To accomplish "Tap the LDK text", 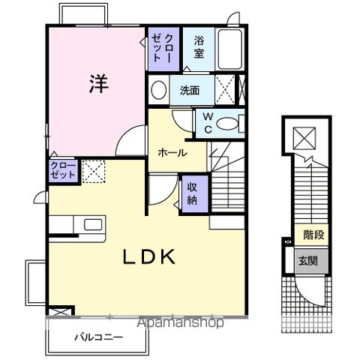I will click(x=149, y=257).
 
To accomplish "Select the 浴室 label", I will click(x=199, y=47).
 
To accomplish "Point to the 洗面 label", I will click(x=189, y=91).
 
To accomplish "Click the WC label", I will click(x=207, y=123).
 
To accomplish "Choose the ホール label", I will click(x=172, y=152).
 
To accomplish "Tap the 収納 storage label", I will click(x=192, y=193).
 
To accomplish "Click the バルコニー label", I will click(x=97, y=337).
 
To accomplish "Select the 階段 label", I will click(x=313, y=235).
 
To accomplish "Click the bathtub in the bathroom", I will click(x=229, y=50).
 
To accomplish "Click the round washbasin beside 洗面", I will click(x=159, y=91).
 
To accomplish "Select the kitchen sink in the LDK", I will click(x=93, y=225).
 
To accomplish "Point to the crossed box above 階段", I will click(x=305, y=138).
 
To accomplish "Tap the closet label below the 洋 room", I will click(x=62, y=169).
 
